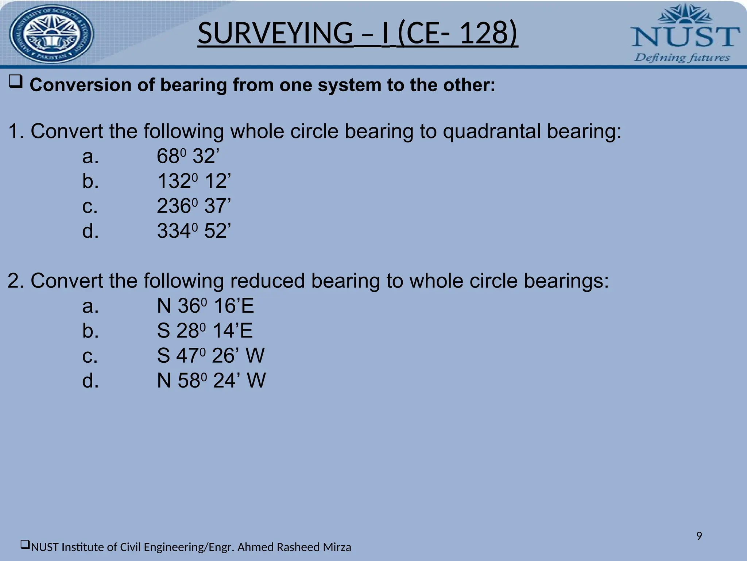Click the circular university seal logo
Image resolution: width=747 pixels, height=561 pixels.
[51, 34]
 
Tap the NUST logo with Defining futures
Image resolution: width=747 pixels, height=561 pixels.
[685, 34]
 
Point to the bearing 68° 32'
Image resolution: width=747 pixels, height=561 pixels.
[188, 156]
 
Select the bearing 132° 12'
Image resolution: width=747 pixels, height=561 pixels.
[194, 181]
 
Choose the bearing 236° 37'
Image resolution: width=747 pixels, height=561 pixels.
[194, 206]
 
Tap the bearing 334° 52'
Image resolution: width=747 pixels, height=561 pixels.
[194, 231]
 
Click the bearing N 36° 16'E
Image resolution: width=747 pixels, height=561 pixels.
[205, 306]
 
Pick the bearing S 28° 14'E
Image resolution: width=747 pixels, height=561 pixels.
[205, 331]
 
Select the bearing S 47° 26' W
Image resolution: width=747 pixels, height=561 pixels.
[210, 355]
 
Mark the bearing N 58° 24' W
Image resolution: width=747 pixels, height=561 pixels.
[211, 381]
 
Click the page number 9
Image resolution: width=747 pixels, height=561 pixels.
[699, 536]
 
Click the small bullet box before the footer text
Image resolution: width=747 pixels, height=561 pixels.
[25, 545]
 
